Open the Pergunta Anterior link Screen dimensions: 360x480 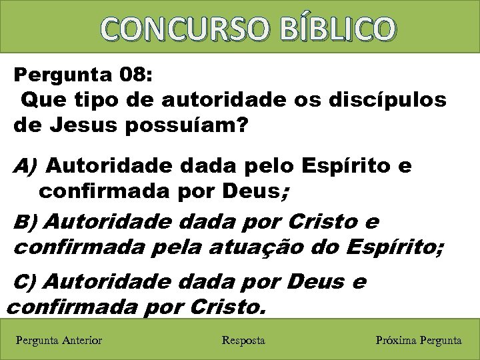59,341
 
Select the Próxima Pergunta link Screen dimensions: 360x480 418,341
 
